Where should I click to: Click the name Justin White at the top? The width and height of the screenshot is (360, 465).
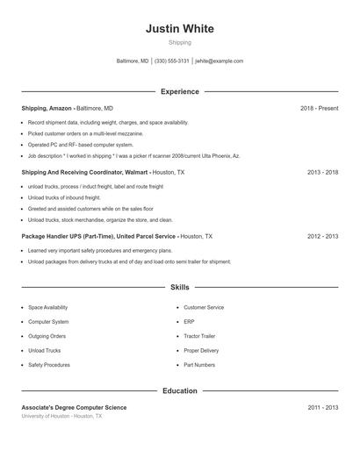tap(180, 29)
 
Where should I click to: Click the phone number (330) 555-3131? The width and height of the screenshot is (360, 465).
tap(172, 61)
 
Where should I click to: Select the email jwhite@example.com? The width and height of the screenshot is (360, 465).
tap(220, 61)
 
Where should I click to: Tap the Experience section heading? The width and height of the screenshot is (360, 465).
tap(180, 91)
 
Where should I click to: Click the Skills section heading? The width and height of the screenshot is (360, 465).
tap(180, 287)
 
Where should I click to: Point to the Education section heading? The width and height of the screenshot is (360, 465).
tap(180, 390)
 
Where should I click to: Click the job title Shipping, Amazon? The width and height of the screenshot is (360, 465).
tap(47, 108)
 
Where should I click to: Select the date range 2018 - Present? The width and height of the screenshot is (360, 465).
tap(319, 108)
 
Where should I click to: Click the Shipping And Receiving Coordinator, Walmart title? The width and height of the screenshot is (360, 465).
tap(84, 173)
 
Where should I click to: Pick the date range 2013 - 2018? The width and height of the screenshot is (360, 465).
tap(322, 173)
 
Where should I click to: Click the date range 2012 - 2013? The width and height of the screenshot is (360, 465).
tap(322, 237)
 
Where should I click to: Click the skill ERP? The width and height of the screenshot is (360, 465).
tap(189, 322)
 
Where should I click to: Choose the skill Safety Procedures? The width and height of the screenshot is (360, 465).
tap(48, 364)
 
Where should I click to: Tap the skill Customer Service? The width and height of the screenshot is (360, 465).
tap(204, 308)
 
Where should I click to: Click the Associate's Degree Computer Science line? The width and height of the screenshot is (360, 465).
tap(74, 407)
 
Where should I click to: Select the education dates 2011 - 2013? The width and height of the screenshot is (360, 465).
tap(322, 407)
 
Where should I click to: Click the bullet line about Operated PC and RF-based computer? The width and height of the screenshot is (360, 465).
tap(81, 145)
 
